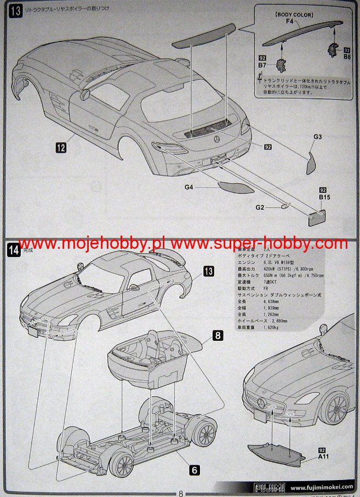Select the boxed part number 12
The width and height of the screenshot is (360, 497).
coord(60,146)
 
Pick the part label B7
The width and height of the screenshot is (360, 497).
coord(262,64)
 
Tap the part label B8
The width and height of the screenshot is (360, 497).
coord(347,57)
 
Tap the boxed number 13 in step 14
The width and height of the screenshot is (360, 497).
coord(209,271)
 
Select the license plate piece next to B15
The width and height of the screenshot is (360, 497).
coord(317,216)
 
